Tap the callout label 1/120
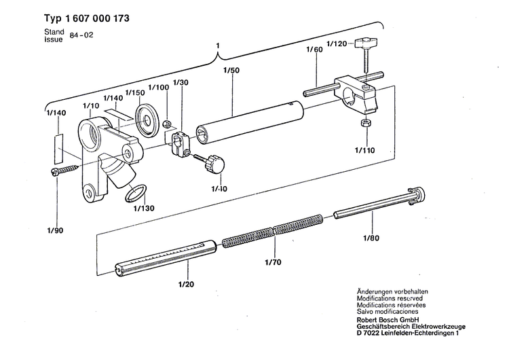pyautogui.click(x=337, y=43)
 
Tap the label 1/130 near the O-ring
pyautogui.click(x=145, y=208)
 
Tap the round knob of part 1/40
pyautogui.click(x=216, y=163)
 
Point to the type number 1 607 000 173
pyautogui.click(x=86, y=19)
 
